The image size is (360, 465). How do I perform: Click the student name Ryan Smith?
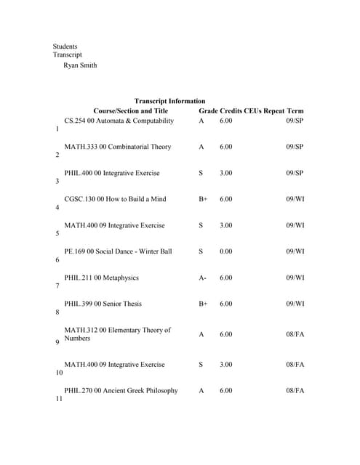(80, 65)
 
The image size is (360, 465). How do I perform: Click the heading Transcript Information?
(169, 101)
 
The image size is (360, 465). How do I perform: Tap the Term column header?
(295, 110)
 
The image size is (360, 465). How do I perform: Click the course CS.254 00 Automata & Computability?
(119, 121)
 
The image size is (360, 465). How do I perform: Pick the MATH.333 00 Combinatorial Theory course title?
(117, 147)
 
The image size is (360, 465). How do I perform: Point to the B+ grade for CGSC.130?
(203, 199)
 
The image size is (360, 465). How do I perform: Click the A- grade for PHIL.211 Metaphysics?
(202, 278)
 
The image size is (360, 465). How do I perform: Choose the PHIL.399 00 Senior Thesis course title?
(103, 304)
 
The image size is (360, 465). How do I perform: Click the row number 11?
(58, 399)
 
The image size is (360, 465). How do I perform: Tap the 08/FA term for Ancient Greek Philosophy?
(295, 391)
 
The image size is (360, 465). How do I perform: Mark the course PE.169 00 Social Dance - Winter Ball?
(118, 251)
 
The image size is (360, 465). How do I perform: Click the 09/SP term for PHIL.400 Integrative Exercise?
(295, 173)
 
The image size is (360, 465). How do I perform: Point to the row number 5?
(57, 234)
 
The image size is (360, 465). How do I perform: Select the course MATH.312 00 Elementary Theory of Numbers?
(117, 334)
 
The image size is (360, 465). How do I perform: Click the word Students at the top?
(65, 46)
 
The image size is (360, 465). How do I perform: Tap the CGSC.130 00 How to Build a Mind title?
(115, 199)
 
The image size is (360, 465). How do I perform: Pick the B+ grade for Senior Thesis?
(203, 304)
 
